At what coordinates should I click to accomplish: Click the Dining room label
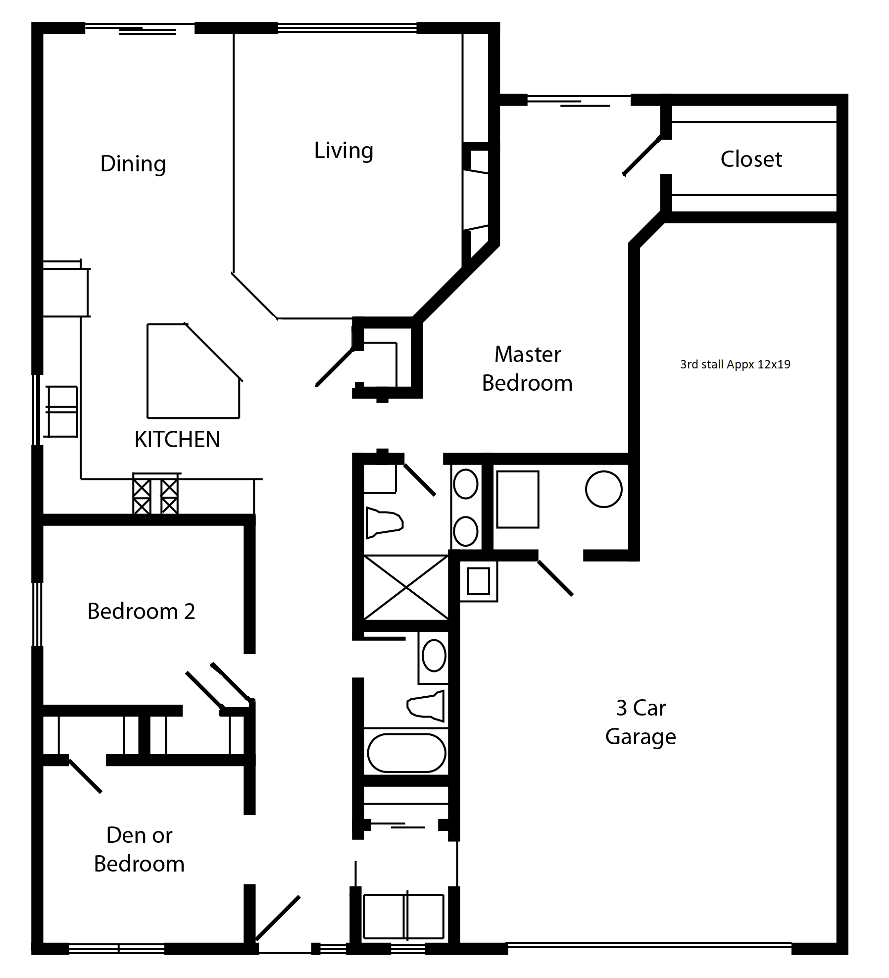click(133, 164)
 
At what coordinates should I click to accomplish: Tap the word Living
click(344, 151)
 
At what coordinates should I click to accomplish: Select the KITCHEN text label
click(177, 439)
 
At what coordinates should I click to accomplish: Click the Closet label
click(751, 159)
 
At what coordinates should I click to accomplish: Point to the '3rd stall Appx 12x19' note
click(735, 364)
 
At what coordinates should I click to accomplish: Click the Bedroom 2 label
click(141, 611)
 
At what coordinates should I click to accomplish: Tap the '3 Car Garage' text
click(641, 722)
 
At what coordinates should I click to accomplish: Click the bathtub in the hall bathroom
click(406, 753)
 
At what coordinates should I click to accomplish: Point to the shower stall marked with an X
click(406, 587)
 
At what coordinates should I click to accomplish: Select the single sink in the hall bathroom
click(434, 656)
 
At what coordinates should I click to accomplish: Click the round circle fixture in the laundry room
click(603, 489)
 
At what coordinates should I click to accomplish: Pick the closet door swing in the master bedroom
click(642, 156)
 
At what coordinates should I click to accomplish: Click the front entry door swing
click(278, 918)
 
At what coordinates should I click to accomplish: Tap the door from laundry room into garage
click(555, 578)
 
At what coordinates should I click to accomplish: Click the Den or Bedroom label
click(139, 849)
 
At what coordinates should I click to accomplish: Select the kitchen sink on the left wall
click(62, 412)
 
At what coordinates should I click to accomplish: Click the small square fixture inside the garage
click(478, 581)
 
